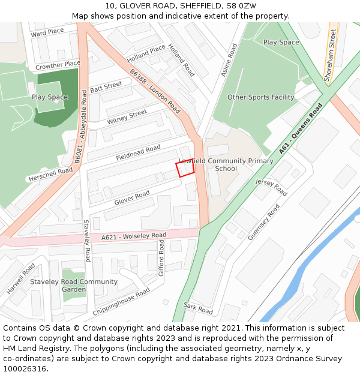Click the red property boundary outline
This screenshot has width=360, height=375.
(x=185, y=169)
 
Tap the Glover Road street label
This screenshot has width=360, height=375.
(x=132, y=198)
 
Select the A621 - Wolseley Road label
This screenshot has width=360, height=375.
(x=134, y=236)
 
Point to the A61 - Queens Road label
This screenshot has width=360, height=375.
(x=301, y=128)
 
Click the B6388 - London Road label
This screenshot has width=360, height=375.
(x=155, y=91)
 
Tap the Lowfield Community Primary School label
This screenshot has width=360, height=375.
(x=226, y=164)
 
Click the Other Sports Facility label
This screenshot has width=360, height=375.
(x=260, y=97)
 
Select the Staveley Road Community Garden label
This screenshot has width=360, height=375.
(x=74, y=286)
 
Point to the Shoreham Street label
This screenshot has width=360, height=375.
(x=330, y=56)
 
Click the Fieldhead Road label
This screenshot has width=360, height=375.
(x=139, y=152)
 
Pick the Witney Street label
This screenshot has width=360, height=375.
(x=127, y=117)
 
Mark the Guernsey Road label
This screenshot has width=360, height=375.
(x=264, y=222)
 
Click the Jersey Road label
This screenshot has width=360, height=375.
(x=271, y=187)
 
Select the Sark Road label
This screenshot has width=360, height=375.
(x=198, y=309)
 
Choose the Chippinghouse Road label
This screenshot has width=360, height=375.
(x=121, y=302)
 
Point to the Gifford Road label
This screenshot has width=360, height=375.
(x=161, y=259)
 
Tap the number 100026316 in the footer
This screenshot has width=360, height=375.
(x=24, y=368)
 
